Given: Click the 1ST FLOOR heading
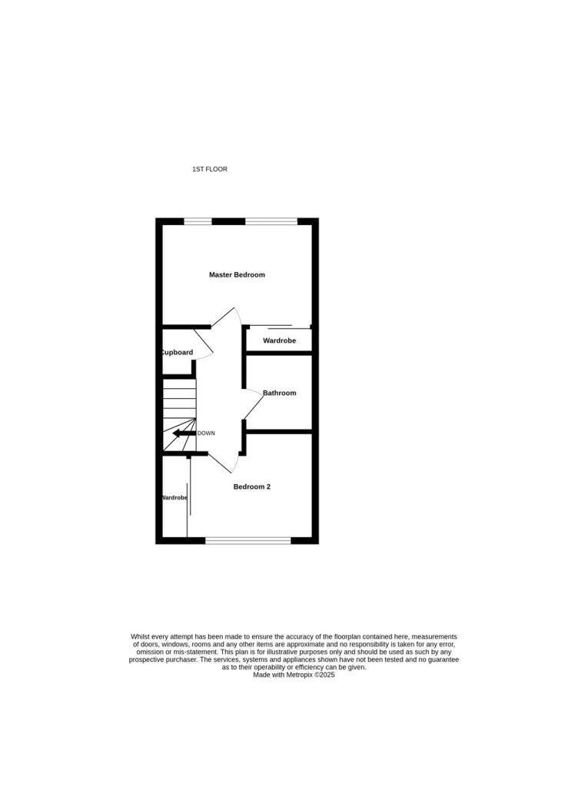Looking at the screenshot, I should [x=210, y=169].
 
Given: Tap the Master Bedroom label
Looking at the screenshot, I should [x=237, y=274].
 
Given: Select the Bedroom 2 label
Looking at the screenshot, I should [x=252, y=486].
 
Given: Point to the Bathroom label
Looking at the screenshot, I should [x=279, y=393].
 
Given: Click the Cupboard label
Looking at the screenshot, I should [x=177, y=352].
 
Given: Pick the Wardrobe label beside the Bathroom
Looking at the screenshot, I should [x=279, y=340].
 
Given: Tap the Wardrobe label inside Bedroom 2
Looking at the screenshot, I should [x=174, y=497].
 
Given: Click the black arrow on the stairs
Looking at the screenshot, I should [x=184, y=433].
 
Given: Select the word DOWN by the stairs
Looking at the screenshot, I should [x=206, y=433].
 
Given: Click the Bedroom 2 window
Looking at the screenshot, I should [x=247, y=540].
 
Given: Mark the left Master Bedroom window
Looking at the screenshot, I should [x=198, y=222].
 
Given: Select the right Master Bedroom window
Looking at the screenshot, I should [x=271, y=222].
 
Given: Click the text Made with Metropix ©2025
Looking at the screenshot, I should [x=294, y=675].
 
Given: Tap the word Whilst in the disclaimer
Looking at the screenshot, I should [x=141, y=636].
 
